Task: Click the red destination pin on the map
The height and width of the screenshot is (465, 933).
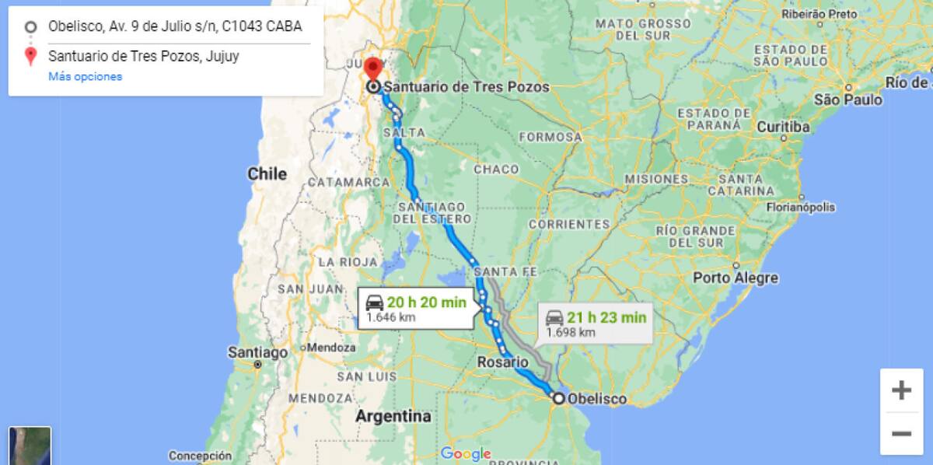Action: [x=373, y=68]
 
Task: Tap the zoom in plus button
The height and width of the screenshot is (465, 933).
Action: [x=901, y=390]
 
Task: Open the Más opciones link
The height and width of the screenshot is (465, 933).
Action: [x=85, y=76]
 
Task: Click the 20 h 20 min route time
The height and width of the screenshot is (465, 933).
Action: [x=426, y=302]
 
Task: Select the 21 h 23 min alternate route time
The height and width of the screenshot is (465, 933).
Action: [x=606, y=317]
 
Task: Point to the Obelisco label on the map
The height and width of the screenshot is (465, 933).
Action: [x=597, y=399]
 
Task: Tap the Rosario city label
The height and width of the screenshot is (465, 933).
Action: [x=502, y=362]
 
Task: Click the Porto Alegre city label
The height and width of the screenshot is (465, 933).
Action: [x=735, y=278]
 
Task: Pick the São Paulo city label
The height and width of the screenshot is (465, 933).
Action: [x=847, y=100]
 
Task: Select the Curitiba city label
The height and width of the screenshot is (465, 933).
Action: [x=783, y=127]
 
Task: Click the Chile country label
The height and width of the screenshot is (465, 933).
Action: [x=267, y=174]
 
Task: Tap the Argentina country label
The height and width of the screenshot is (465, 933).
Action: [x=393, y=416]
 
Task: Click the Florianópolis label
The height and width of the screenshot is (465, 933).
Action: [x=801, y=208]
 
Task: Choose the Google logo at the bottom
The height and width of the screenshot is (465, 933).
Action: [x=466, y=453]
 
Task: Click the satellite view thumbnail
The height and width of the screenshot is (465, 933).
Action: [x=30, y=446]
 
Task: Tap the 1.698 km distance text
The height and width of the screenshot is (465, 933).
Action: [x=571, y=332]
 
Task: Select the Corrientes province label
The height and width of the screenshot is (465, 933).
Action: [x=569, y=224]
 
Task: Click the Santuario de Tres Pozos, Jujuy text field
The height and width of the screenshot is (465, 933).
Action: [x=143, y=56]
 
